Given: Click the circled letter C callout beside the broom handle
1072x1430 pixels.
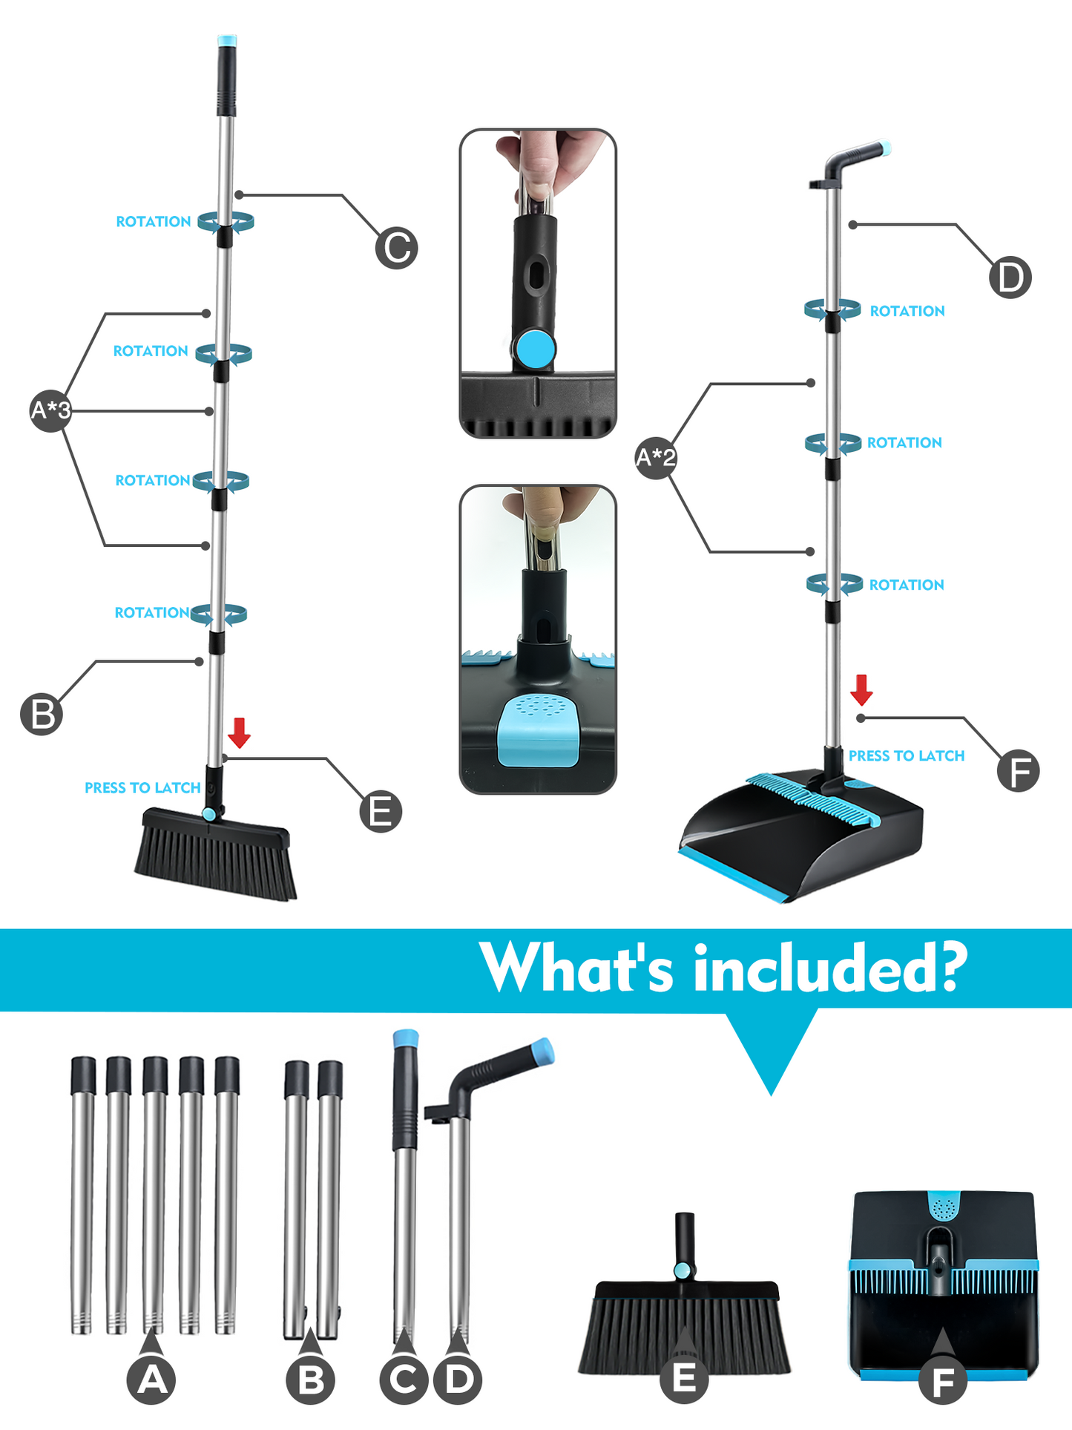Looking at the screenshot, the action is click(396, 248).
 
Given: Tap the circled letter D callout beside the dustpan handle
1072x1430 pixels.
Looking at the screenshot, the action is click(1010, 278).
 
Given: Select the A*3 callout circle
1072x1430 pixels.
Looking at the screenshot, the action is click(50, 410).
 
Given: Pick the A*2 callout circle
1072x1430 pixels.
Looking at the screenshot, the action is click(656, 457).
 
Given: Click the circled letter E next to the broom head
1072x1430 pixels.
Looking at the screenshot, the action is click(381, 811).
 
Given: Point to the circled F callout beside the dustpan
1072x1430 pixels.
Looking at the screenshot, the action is click(1019, 770).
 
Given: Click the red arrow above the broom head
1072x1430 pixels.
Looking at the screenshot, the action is click(239, 732).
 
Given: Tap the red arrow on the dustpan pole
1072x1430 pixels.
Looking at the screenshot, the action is click(861, 689).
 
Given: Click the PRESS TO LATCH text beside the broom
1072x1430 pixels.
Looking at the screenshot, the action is click(142, 787).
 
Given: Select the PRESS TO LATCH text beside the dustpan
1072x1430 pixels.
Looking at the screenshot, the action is click(907, 755).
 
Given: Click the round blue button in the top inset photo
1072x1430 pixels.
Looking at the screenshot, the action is click(536, 349).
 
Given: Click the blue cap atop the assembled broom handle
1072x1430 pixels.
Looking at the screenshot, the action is click(227, 41).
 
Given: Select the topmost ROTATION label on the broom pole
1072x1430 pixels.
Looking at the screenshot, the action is click(154, 221).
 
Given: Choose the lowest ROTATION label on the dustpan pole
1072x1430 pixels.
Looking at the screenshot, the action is click(907, 585).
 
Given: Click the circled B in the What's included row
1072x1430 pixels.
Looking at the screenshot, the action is click(310, 1380).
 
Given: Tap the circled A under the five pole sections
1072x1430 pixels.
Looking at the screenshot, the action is click(151, 1380).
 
